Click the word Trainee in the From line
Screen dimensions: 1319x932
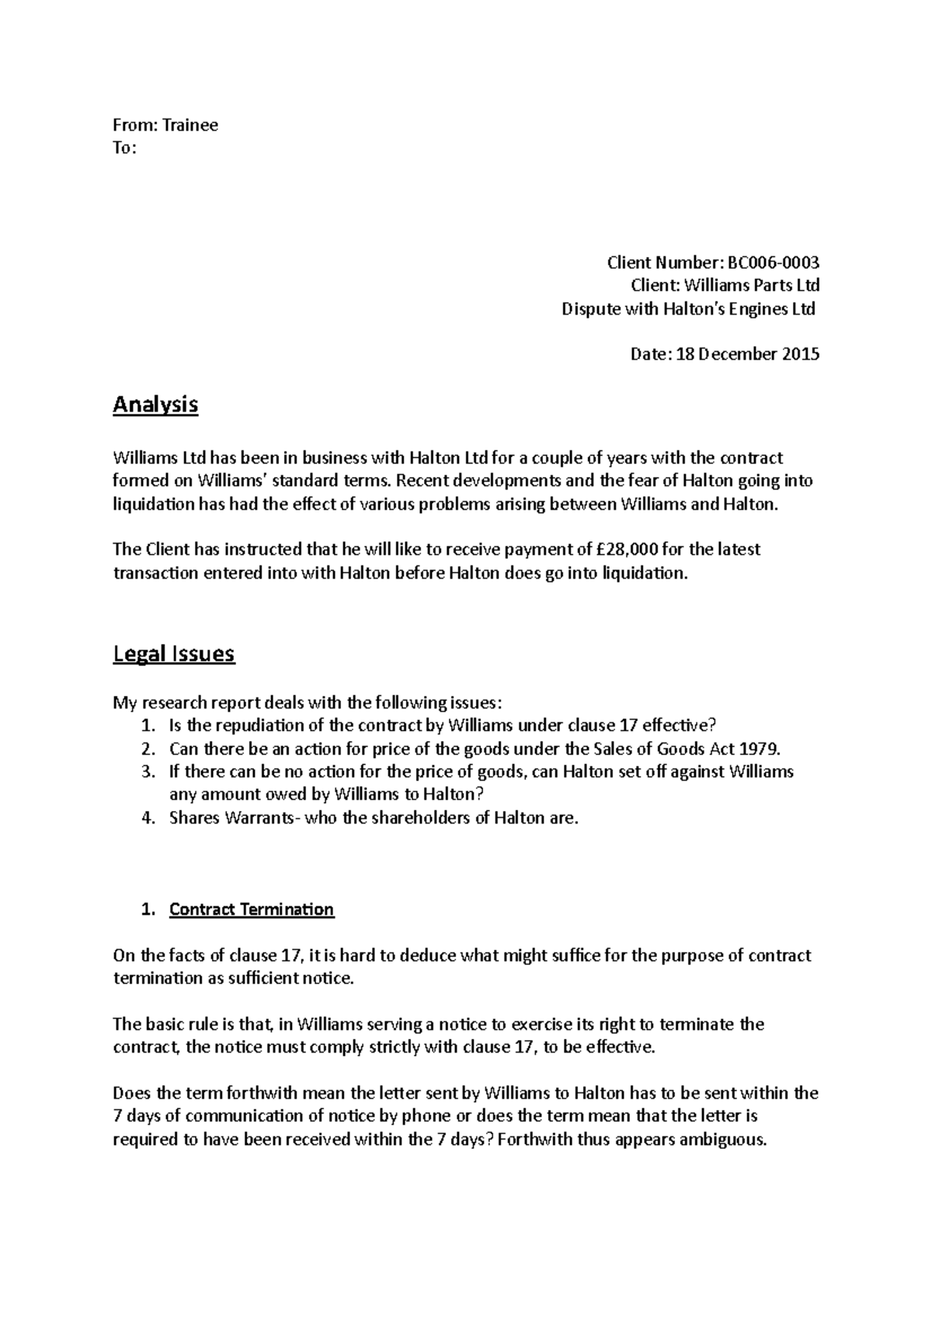(x=190, y=125)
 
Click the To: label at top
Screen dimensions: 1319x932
(x=124, y=148)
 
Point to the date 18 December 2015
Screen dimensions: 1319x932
(x=748, y=354)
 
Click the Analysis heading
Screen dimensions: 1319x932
(x=155, y=405)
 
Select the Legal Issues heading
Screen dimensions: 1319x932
(x=174, y=654)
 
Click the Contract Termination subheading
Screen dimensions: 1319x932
(x=252, y=910)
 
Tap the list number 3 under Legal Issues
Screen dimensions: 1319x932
(x=148, y=772)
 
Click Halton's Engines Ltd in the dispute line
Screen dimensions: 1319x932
(x=739, y=309)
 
